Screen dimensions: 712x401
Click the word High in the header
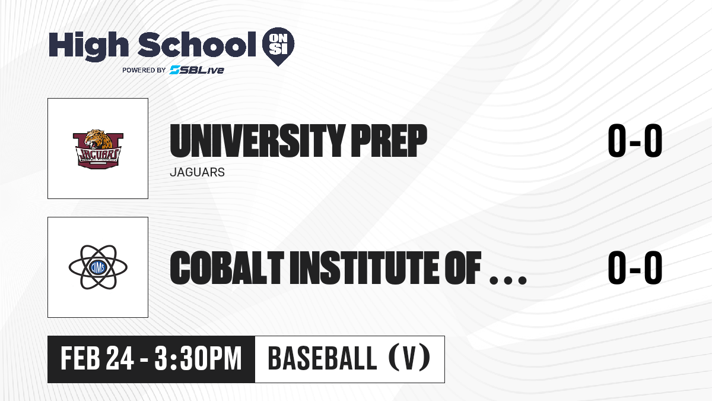[89, 46]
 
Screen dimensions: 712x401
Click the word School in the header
[197, 45]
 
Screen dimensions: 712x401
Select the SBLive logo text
[197, 70]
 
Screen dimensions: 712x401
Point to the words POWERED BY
[144, 70]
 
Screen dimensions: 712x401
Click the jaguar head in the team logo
[99, 140]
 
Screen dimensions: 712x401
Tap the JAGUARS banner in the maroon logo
[98, 155]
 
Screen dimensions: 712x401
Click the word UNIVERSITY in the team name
[258, 140]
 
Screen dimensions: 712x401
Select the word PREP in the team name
[389, 140]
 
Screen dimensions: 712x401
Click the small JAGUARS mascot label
[198, 172]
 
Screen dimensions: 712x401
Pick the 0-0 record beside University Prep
[635, 140]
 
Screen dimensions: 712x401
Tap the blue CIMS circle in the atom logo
[98, 267]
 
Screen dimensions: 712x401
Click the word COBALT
[227, 267]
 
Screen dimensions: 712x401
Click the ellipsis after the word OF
[508, 280]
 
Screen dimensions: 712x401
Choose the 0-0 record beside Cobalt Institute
[635, 267]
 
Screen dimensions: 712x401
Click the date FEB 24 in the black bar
[97, 359]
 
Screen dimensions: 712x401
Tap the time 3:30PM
[198, 359]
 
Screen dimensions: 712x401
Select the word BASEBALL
[322, 359]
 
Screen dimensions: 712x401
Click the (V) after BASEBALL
[409, 359]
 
